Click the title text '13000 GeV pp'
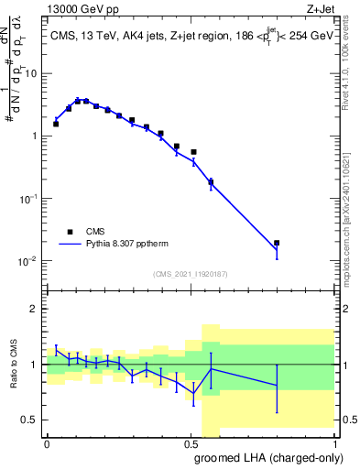click(x=80, y=9)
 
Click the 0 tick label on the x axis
click(x=47, y=443)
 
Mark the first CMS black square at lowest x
click(x=56, y=124)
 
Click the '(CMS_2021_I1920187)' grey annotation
click(x=189, y=273)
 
